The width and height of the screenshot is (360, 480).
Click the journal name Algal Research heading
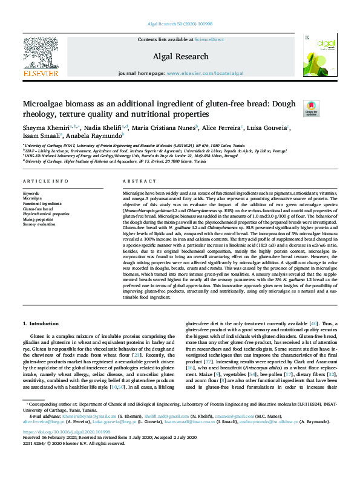click(181, 56)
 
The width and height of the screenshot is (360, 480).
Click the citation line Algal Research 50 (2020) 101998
click(180, 24)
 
